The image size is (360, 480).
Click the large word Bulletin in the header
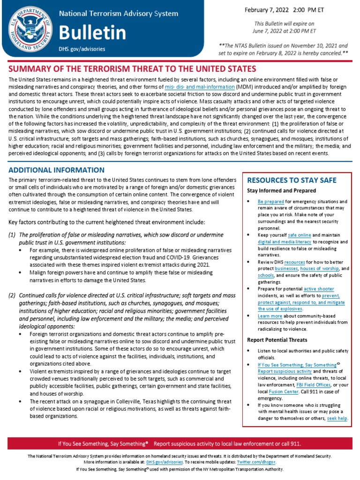click(92, 32)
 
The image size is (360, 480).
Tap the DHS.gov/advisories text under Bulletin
click(82, 49)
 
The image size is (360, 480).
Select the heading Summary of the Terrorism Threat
click(133, 69)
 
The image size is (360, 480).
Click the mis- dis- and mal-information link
click(200, 87)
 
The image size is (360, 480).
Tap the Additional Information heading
click(57, 170)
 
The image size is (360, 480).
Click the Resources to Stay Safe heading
click(292, 180)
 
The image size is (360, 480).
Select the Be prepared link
click(271, 201)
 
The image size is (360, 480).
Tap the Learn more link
click(270, 316)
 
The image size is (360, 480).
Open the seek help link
click(337, 418)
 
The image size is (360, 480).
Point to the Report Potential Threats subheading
click(277, 340)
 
